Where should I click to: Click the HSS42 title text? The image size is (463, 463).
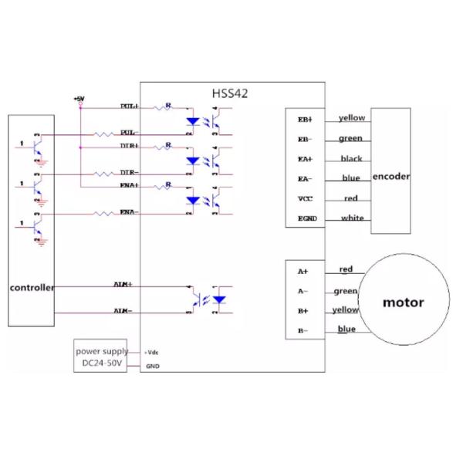click(x=230, y=93)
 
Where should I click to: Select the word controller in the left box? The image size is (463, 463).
click(x=32, y=288)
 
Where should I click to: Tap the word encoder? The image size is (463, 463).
click(x=390, y=177)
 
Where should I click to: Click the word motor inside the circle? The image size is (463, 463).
click(x=403, y=302)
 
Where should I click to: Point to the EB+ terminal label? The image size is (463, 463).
click(x=306, y=120)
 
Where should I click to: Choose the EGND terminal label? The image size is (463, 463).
click(x=306, y=219)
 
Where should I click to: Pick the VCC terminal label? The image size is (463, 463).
click(x=305, y=199)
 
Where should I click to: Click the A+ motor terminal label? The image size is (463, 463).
click(x=302, y=272)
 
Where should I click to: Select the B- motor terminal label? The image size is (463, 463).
click(x=302, y=332)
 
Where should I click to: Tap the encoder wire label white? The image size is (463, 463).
click(x=352, y=218)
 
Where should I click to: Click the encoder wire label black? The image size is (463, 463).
click(x=351, y=159)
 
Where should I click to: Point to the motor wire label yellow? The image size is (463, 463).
click(x=345, y=310)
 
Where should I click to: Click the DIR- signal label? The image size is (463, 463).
click(x=129, y=172)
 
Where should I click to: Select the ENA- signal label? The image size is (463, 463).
click(x=129, y=212)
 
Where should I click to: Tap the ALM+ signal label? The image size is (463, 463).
click(x=123, y=285)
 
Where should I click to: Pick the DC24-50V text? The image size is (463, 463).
click(x=102, y=363)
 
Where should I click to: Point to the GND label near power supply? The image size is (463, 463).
click(x=152, y=366)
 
